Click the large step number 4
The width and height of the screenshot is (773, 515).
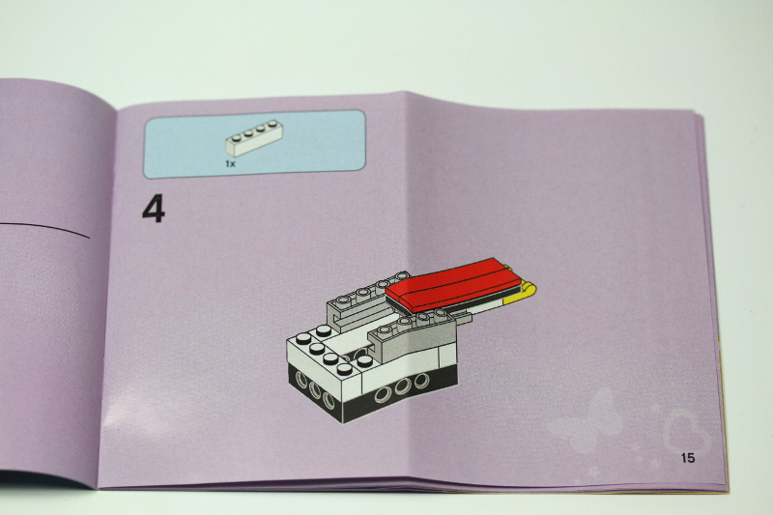154,209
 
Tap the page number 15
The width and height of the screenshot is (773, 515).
687,457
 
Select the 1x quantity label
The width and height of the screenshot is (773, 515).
230,164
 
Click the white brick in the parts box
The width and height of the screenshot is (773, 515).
254,139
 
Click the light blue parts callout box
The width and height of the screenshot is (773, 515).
255,143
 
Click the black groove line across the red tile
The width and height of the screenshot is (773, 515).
454,283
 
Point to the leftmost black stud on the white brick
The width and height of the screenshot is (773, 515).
305,338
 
